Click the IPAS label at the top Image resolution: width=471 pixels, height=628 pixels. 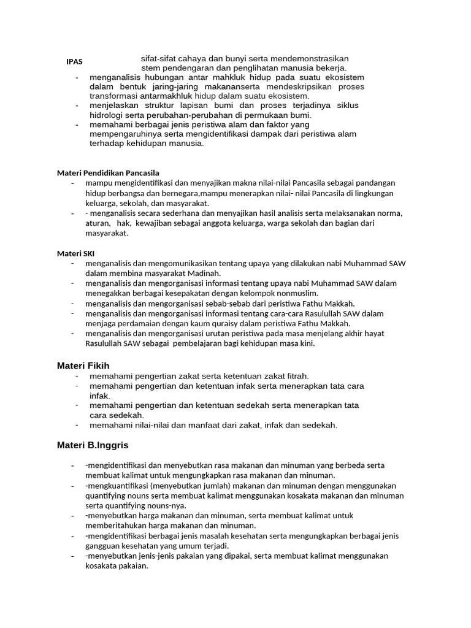pyautogui.click(x=74, y=61)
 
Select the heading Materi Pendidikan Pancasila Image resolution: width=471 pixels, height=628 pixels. pyautogui.click(x=108, y=173)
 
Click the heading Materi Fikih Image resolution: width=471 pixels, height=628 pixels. pyautogui.click(x=83, y=366)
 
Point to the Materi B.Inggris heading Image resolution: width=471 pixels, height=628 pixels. pyautogui.click(x=93, y=445)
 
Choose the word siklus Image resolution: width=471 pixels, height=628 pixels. pyautogui.click(x=347, y=105)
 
